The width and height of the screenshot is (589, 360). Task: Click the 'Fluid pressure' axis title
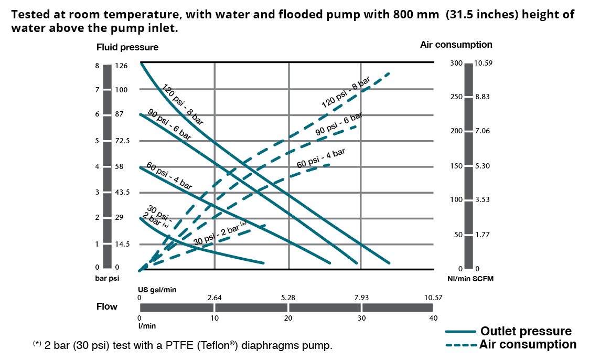[127, 47]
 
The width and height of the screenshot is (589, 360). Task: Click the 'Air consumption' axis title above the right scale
[456, 45]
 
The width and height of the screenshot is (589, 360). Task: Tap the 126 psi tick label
[122, 66]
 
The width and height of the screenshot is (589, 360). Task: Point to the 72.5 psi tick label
[122, 141]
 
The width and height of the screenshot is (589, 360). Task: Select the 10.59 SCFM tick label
[483, 63]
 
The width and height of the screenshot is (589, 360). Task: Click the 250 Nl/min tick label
[457, 97]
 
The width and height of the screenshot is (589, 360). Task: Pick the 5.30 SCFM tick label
[482, 166]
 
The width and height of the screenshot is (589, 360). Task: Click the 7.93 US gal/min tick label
[361, 298]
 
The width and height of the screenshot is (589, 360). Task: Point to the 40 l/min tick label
[433, 318]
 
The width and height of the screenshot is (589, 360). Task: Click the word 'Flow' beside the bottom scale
[107, 306]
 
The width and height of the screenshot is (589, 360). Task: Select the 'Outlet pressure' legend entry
[526, 331]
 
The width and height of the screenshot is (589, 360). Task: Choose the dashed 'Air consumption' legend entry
[528, 345]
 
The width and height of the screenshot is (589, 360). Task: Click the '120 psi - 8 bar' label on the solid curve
[182, 104]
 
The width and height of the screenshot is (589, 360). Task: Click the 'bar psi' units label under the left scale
[107, 279]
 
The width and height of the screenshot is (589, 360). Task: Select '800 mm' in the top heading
[416, 15]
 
